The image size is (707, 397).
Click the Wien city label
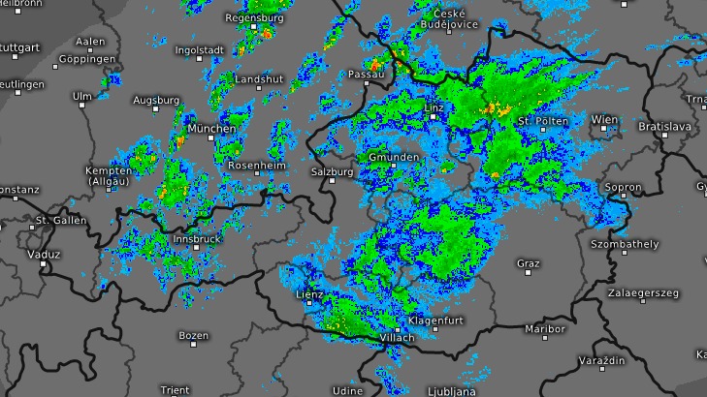[603, 120]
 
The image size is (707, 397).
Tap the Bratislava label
[663, 127]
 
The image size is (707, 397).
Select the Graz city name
[528, 262]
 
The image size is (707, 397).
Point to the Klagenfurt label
[435, 320]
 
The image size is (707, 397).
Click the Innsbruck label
[197, 238]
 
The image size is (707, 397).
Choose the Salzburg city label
[332, 171]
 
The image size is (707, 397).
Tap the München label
[211, 129]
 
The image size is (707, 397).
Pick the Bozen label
[193, 335]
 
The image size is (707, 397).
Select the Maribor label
[544, 329]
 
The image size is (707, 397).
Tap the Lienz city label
[308, 294]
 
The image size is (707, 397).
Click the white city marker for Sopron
[623, 199]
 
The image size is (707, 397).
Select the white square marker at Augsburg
[156, 111]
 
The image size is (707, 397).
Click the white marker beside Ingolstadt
[200, 60]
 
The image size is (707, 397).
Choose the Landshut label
[259, 78]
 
